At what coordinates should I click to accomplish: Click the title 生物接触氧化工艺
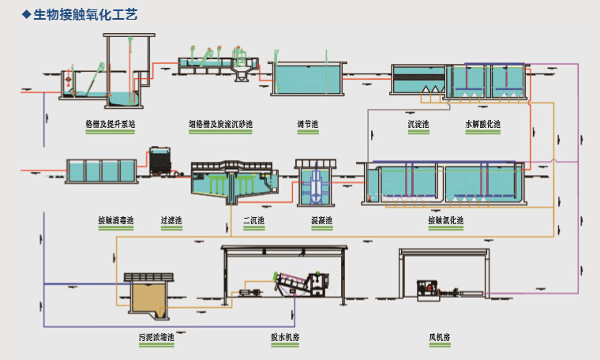(x=86, y=16)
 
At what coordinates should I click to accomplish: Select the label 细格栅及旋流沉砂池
(x=220, y=124)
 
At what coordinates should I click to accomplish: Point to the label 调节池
(x=307, y=124)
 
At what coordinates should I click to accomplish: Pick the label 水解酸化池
(x=482, y=124)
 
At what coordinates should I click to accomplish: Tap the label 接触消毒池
(x=115, y=220)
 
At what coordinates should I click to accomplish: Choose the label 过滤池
(x=171, y=220)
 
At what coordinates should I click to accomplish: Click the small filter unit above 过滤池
(x=160, y=160)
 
